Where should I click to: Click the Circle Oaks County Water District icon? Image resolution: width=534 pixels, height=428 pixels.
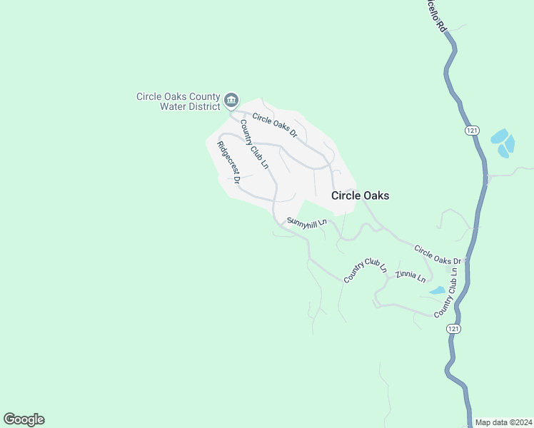(231, 100)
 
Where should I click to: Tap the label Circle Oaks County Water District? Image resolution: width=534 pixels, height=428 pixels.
(179, 103)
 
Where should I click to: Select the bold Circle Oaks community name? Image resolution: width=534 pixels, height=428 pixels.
(360, 195)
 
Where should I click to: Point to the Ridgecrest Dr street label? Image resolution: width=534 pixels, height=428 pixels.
(228, 162)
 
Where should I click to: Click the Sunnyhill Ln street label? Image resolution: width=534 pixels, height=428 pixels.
(306, 223)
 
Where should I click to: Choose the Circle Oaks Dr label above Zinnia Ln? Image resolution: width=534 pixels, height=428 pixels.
(438, 255)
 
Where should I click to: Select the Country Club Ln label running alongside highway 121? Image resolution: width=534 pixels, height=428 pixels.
(444, 294)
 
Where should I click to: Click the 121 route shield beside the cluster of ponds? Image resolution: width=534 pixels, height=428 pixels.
(470, 131)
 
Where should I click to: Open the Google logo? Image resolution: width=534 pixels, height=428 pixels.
(24, 419)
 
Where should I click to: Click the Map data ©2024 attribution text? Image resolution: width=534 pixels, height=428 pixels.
(503, 422)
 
